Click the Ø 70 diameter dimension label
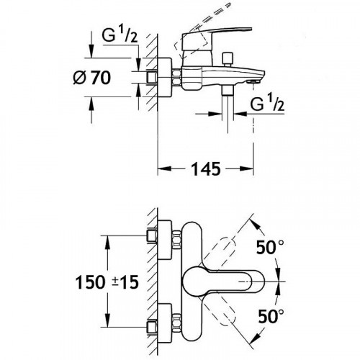[x=92, y=78]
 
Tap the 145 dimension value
[x=206, y=168]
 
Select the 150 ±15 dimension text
[x=107, y=282]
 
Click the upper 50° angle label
[x=270, y=247]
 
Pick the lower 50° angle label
[x=271, y=316]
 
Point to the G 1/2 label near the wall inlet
[x=120, y=35]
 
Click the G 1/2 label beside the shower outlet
[x=267, y=104]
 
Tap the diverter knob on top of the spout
[x=227, y=59]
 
